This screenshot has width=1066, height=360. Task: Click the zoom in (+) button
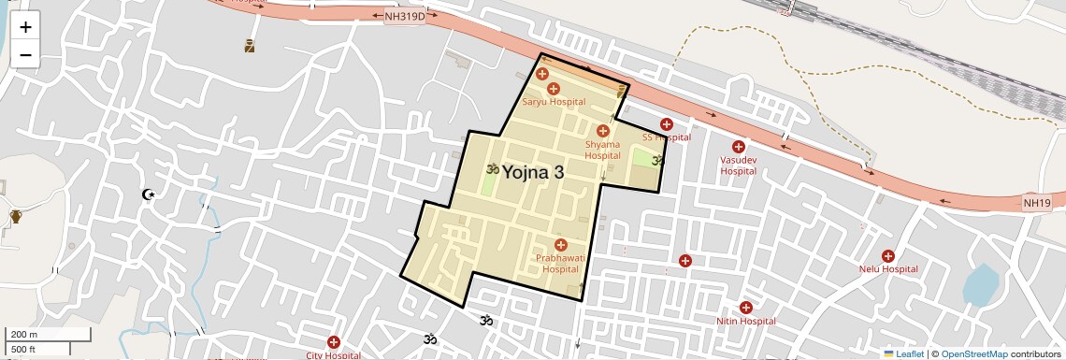pyautogui.click(x=25, y=27)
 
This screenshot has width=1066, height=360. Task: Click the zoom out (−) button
pyautogui.click(x=25, y=55)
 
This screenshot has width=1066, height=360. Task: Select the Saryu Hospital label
pyautogui.click(x=554, y=101)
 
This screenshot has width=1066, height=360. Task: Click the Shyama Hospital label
pyautogui.click(x=602, y=150)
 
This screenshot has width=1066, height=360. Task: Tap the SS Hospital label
pyautogui.click(x=666, y=137)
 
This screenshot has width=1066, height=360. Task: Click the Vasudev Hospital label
pyautogui.click(x=738, y=166)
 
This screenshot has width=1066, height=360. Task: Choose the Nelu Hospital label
pyautogui.click(x=888, y=269)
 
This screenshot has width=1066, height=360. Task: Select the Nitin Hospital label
pyautogui.click(x=746, y=321)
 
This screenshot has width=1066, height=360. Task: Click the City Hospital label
pyautogui.click(x=334, y=355)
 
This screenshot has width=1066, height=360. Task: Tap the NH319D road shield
pyautogui.click(x=405, y=17)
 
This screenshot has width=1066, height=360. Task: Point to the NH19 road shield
pyautogui.click(x=1037, y=202)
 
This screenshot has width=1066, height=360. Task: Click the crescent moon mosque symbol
pyautogui.click(x=147, y=194)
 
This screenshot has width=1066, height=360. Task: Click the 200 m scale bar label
pyautogui.click(x=24, y=335)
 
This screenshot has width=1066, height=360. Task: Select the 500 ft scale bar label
pyautogui.click(x=23, y=350)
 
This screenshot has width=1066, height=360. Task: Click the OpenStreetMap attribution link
pyautogui.click(x=973, y=353)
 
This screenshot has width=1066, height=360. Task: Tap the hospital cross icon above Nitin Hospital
pyautogui.click(x=746, y=308)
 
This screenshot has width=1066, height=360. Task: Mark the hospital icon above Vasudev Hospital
pyautogui.click(x=738, y=147)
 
